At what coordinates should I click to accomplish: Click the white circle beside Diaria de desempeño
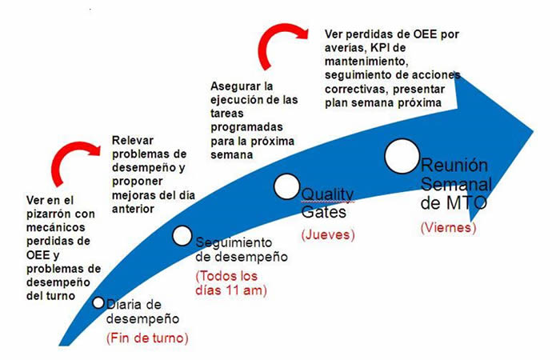pyautogui.click(x=98, y=302)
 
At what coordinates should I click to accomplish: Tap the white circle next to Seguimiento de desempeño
pyautogui.click(x=182, y=236)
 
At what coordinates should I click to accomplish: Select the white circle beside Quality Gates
pyautogui.click(x=286, y=186)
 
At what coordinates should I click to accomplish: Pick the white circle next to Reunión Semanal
pyautogui.click(x=402, y=157)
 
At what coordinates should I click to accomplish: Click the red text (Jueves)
pyautogui.click(x=328, y=234)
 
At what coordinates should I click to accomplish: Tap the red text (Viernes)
pyautogui.click(x=448, y=227)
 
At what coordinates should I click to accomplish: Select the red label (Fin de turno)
pyautogui.click(x=147, y=338)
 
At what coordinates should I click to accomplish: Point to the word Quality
pyautogui.click(x=327, y=196)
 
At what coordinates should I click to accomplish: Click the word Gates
pyautogui.click(x=323, y=212)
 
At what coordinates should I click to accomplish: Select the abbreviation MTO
pyautogui.click(x=466, y=203)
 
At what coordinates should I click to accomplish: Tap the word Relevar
pyautogui.click(x=133, y=140)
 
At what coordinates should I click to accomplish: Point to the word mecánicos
pyautogui.click(x=56, y=227)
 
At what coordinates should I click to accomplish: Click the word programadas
pyautogui.click(x=246, y=128)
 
